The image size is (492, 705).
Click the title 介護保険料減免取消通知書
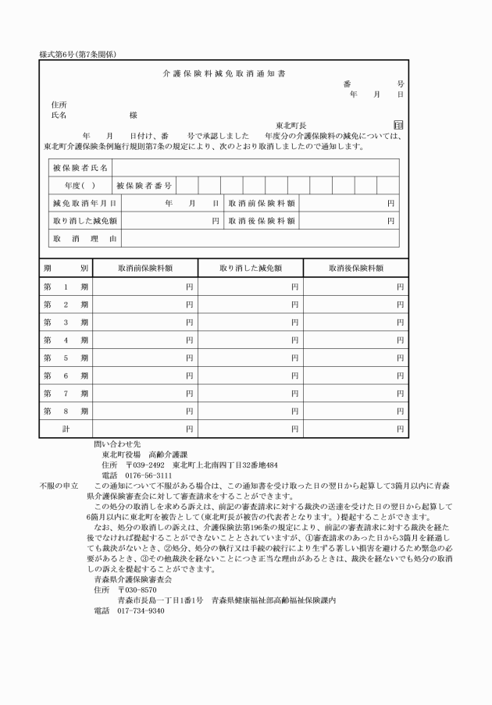pos(223,73)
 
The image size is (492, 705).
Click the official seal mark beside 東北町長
pos(398,125)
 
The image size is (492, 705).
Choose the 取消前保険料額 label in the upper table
pos(262,204)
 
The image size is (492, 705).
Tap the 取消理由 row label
pos(84,239)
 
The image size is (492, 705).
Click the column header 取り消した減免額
pos(250,268)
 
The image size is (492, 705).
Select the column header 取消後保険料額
pos(355,268)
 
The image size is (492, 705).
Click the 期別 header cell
pos(66,268)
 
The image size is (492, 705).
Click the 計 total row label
pos(66,429)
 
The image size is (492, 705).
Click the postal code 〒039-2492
pos(139,465)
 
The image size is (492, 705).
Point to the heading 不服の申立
pos(59,486)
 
